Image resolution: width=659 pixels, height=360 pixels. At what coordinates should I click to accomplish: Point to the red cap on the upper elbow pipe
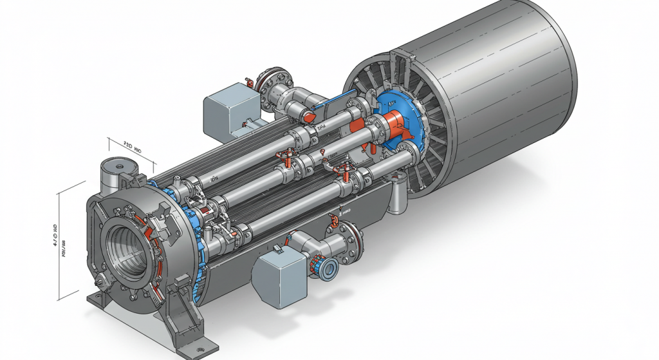[310, 115]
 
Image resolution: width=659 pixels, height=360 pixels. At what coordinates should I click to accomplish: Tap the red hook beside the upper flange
[247, 82]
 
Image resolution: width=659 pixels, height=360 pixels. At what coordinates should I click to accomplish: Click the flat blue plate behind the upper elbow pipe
[338, 103]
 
